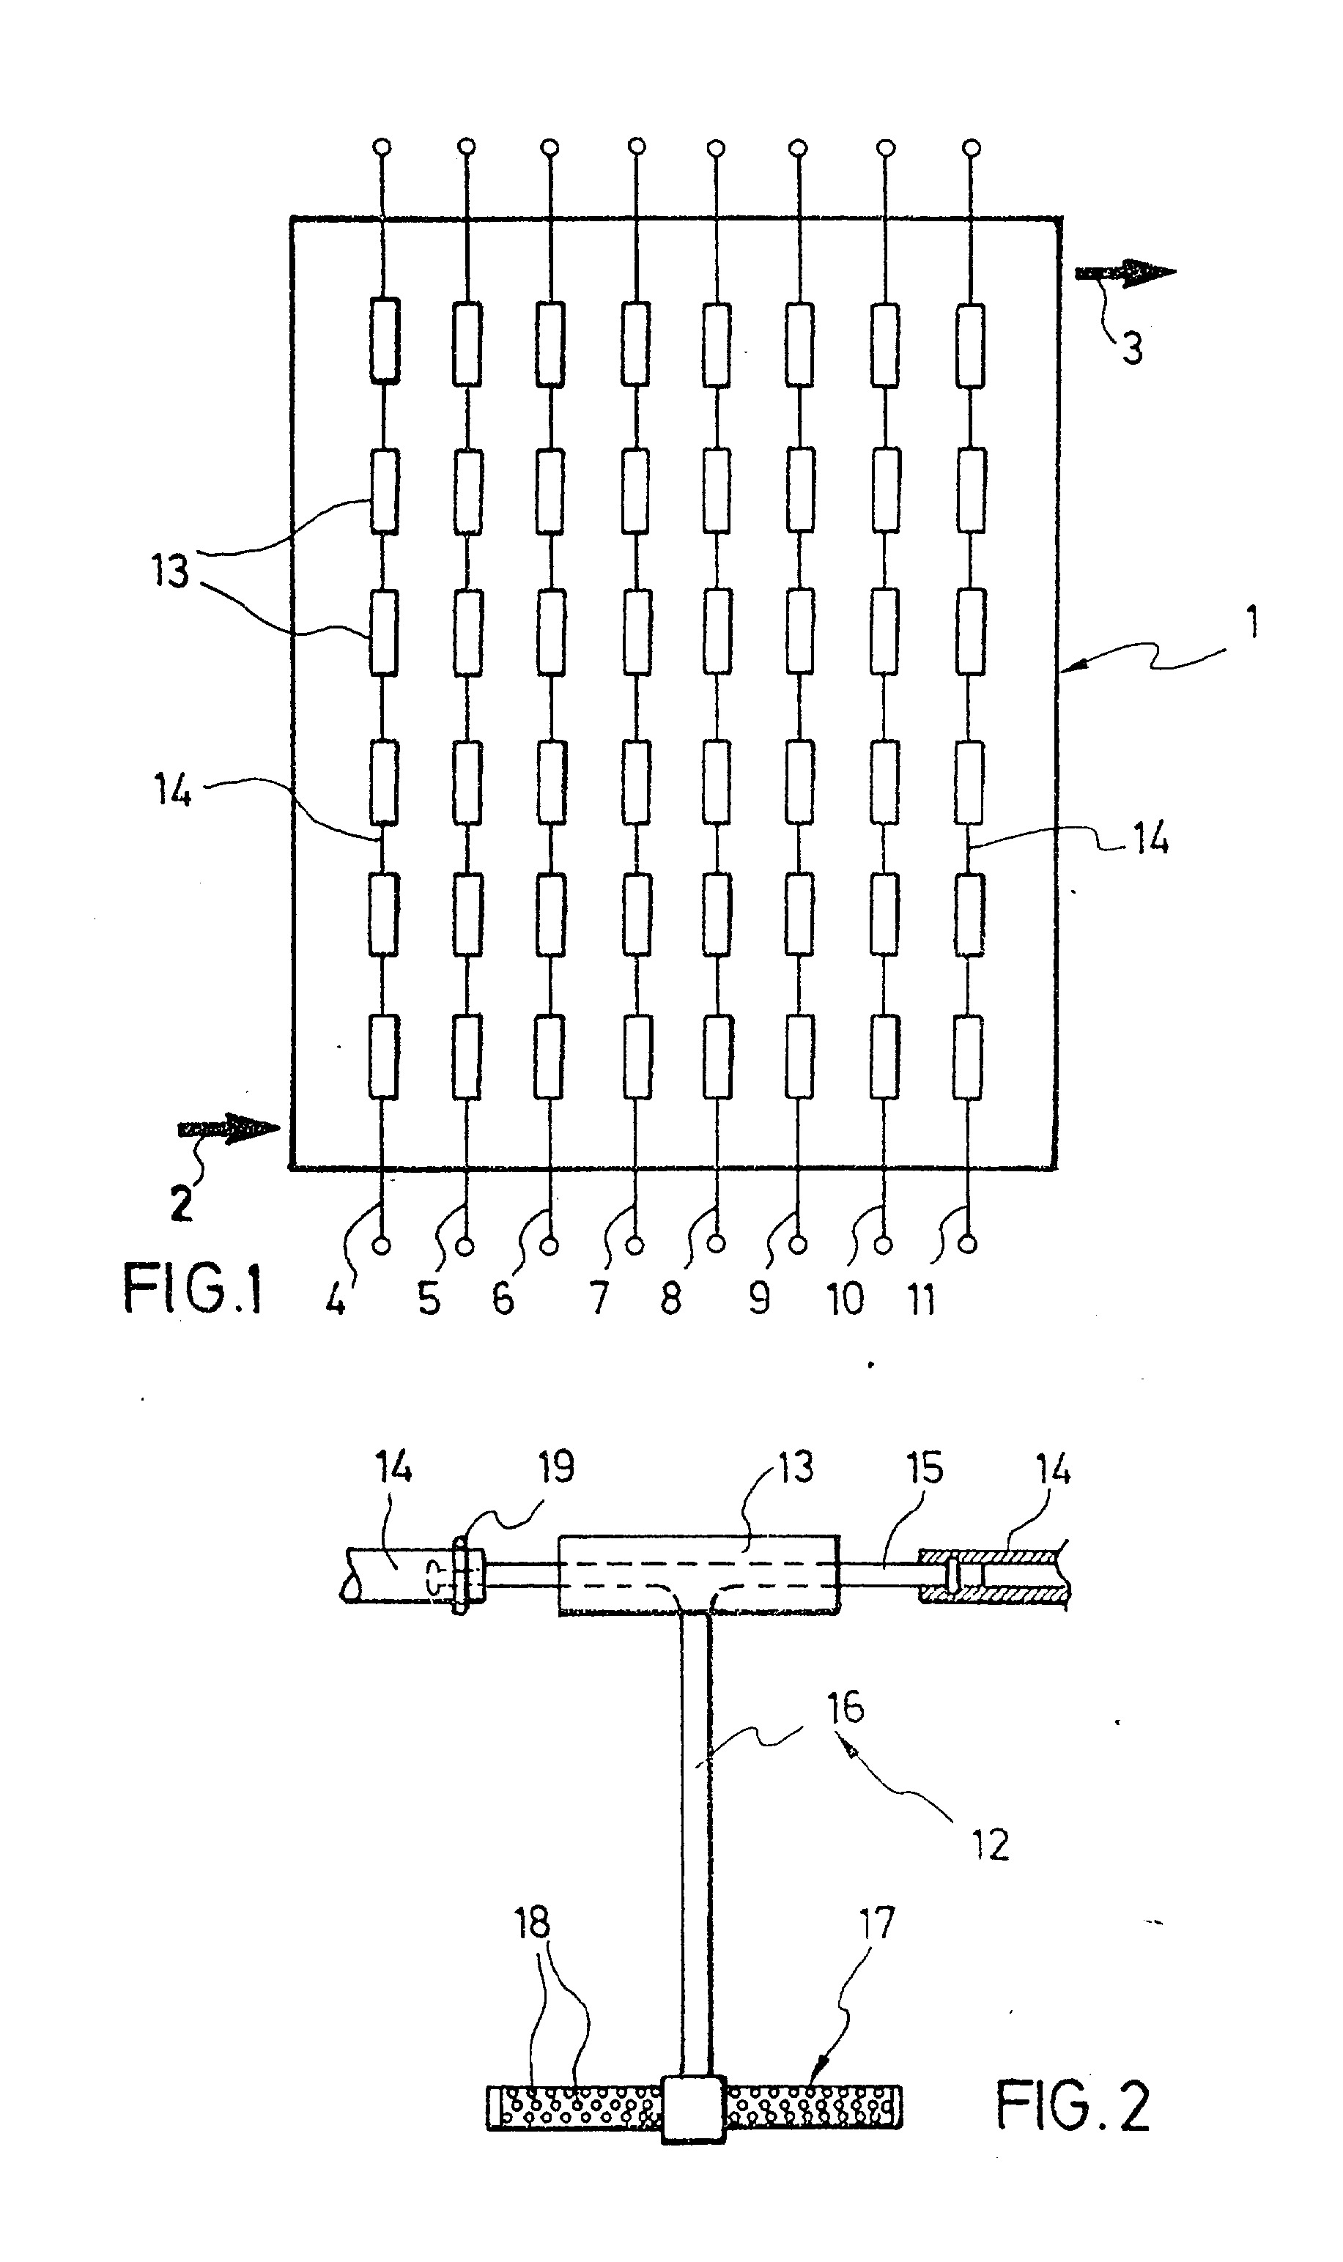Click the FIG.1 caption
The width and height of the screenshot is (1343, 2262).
(x=193, y=1288)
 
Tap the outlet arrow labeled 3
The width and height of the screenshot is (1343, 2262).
(x=1125, y=272)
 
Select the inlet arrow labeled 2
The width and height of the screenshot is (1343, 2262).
(x=229, y=1128)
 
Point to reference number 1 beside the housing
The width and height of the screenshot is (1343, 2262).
(x=1251, y=623)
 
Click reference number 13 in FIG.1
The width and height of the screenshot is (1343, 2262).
(x=170, y=572)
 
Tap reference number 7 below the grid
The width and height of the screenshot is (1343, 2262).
(x=598, y=1300)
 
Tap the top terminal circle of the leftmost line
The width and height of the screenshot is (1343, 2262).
(x=382, y=147)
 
